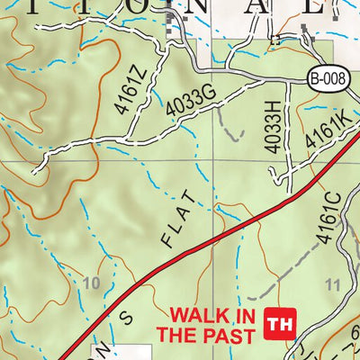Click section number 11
point(332,286)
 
